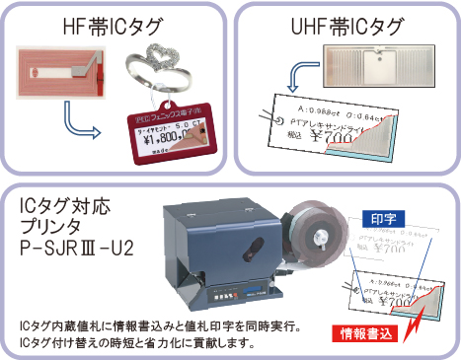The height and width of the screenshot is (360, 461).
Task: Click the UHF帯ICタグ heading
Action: point(346,21)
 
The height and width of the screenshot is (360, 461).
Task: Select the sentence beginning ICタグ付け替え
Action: point(137,343)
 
